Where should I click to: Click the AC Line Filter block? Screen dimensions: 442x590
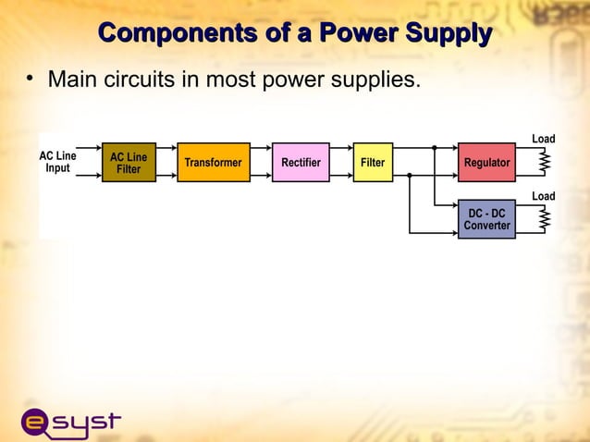(x=129, y=163)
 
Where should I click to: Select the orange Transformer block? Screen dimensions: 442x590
(x=213, y=163)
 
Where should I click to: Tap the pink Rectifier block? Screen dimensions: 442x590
(x=301, y=163)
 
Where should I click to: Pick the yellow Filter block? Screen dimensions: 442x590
(x=373, y=163)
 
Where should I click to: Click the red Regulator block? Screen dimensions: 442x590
(x=486, y=163)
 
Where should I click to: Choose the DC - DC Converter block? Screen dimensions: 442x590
(x=486, y=219)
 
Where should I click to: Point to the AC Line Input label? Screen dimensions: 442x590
(x=57, y=163)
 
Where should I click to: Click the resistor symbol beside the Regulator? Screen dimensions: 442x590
(x=546, y=163)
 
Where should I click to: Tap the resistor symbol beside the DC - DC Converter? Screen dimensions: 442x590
(x=546, y=219)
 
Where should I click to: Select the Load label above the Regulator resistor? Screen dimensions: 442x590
(x=543, y=139)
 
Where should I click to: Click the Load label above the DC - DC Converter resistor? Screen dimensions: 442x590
(x=543, y=196)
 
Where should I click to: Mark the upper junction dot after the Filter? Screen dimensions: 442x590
(x=434, y=147)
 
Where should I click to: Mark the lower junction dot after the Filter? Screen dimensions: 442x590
(x=410, y=174)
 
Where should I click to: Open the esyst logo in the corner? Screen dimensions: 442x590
(x=70, y=422)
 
